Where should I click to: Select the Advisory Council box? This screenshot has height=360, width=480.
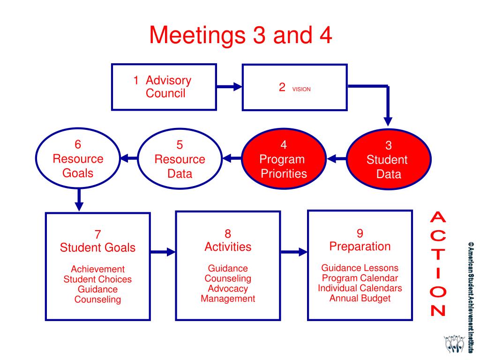click(164, 87)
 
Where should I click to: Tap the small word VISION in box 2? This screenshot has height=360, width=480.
click(301, 89)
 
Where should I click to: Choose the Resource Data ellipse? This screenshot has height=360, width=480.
click(180, 159)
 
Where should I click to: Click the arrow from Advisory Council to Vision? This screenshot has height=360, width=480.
click(230, 87)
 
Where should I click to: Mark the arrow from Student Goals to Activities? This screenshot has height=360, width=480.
click(163, 252)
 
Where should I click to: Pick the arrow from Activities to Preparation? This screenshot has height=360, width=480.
click(294, 252)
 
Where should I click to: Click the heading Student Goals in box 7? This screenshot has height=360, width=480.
click(97, 247)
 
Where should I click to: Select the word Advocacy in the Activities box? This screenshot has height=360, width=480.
click(228, 289)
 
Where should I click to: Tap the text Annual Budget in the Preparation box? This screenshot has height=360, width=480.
click(360, 298)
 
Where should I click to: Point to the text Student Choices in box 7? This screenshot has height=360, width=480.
click(97, 279)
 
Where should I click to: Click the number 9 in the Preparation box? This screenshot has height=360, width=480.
click(360, 233)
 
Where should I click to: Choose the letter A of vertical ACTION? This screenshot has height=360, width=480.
click(438, 218)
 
